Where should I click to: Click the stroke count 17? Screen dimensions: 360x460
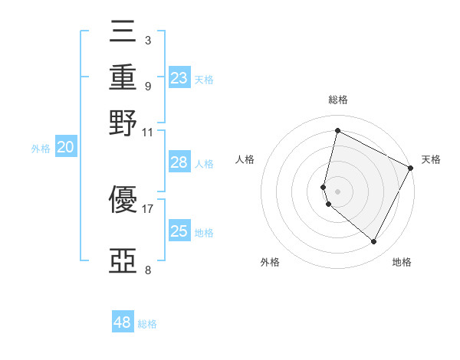147,208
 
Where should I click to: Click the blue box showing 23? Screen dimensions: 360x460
179,77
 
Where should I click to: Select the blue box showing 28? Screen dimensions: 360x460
179,162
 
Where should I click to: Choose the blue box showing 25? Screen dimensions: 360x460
179,231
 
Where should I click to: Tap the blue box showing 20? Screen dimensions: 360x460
65,148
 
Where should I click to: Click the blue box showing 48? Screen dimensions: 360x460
122,322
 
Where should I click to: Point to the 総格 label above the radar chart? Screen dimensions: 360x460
337,100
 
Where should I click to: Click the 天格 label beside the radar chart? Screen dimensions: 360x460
431,159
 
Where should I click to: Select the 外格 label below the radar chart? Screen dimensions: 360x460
270,263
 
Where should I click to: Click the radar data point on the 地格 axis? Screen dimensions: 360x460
374,242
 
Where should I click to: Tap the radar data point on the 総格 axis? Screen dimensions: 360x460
337,131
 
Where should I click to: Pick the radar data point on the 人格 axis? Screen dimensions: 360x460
324,186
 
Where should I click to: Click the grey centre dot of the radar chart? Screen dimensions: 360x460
337,191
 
